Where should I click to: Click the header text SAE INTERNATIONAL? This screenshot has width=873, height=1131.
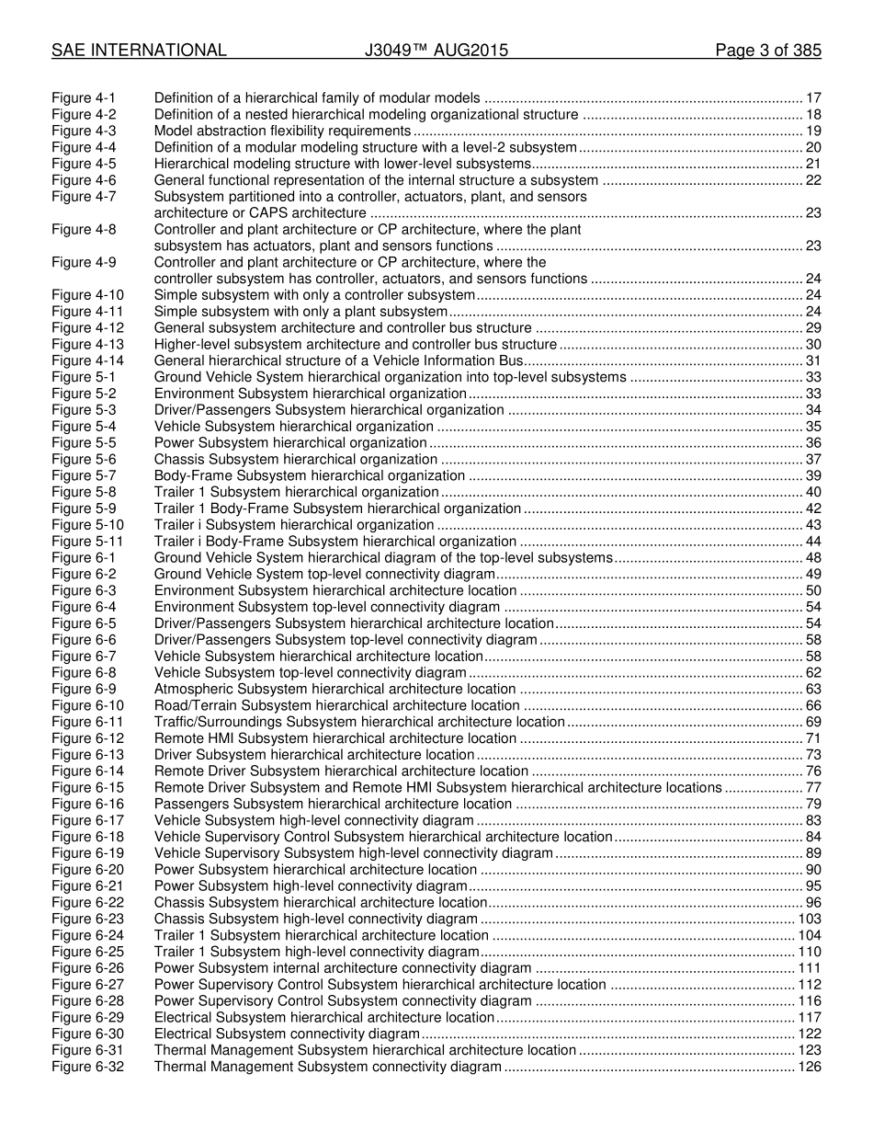point(139,51)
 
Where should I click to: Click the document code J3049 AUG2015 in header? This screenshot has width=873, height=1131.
point(436,51)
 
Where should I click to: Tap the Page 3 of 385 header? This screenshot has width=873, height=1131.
point(768,51)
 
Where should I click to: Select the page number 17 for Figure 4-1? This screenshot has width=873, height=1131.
point(813,98)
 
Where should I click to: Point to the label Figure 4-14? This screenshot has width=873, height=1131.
point(87,360)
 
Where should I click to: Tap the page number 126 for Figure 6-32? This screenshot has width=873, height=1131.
point(810,1068)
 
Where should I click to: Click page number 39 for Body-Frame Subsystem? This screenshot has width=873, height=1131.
point(813,475)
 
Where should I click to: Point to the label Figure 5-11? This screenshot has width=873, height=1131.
point(87,542)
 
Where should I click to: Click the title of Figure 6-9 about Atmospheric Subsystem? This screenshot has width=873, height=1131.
point(334,689)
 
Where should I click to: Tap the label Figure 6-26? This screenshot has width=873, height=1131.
point(87,968)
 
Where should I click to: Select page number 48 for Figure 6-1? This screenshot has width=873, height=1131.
point(813,557)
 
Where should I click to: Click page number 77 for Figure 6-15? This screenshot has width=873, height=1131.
point(813,788)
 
